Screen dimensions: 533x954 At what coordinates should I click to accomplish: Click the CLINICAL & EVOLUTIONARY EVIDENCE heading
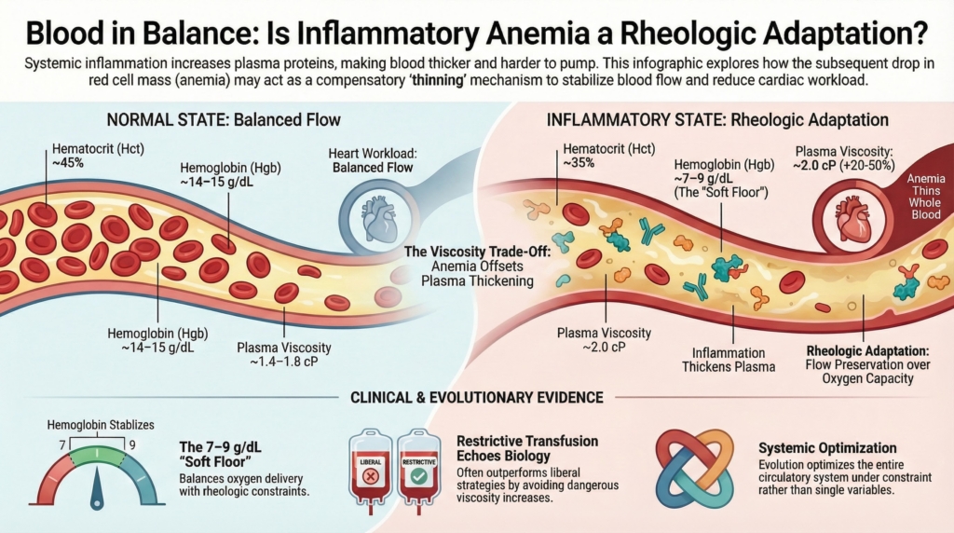pyautogui.click(x=476, y=397)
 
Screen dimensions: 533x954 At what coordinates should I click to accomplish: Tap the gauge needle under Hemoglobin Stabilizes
pyautogui.click(x=95, y=493)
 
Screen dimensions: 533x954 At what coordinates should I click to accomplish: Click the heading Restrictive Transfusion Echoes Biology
pyautogui.click(x=527, y=446)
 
